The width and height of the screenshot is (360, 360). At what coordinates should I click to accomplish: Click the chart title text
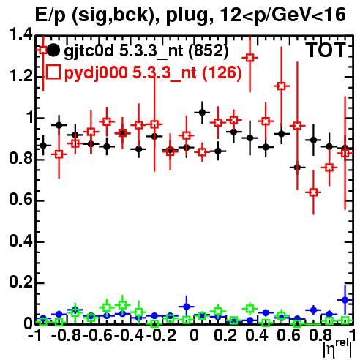(190, 15)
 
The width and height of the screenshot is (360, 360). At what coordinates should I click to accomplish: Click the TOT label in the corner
(326, 50)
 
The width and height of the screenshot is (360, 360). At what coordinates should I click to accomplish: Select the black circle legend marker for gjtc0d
(53, 50)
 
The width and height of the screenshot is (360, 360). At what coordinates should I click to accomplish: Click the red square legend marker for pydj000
(53, 72)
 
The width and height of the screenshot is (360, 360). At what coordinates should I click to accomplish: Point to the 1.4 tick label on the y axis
(20, 35)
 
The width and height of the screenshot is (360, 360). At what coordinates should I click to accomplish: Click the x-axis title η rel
(337, 348)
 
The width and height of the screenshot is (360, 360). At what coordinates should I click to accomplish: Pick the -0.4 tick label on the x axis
(130, 335)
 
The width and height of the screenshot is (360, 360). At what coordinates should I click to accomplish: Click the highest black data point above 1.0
(202, 113)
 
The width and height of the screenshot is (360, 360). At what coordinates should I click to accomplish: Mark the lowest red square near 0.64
(313, 192)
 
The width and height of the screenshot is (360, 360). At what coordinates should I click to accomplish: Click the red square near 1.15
(282, 86)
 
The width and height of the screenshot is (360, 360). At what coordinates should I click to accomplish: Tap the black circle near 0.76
(297, 168)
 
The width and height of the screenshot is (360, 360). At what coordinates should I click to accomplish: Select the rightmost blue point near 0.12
(345, 300)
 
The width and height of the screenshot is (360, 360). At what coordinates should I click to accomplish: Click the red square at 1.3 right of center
(250, 58)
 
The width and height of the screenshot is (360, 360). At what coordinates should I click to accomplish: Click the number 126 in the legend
(222, 72)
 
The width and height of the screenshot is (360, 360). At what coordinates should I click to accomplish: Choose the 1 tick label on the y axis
(30, 117)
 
